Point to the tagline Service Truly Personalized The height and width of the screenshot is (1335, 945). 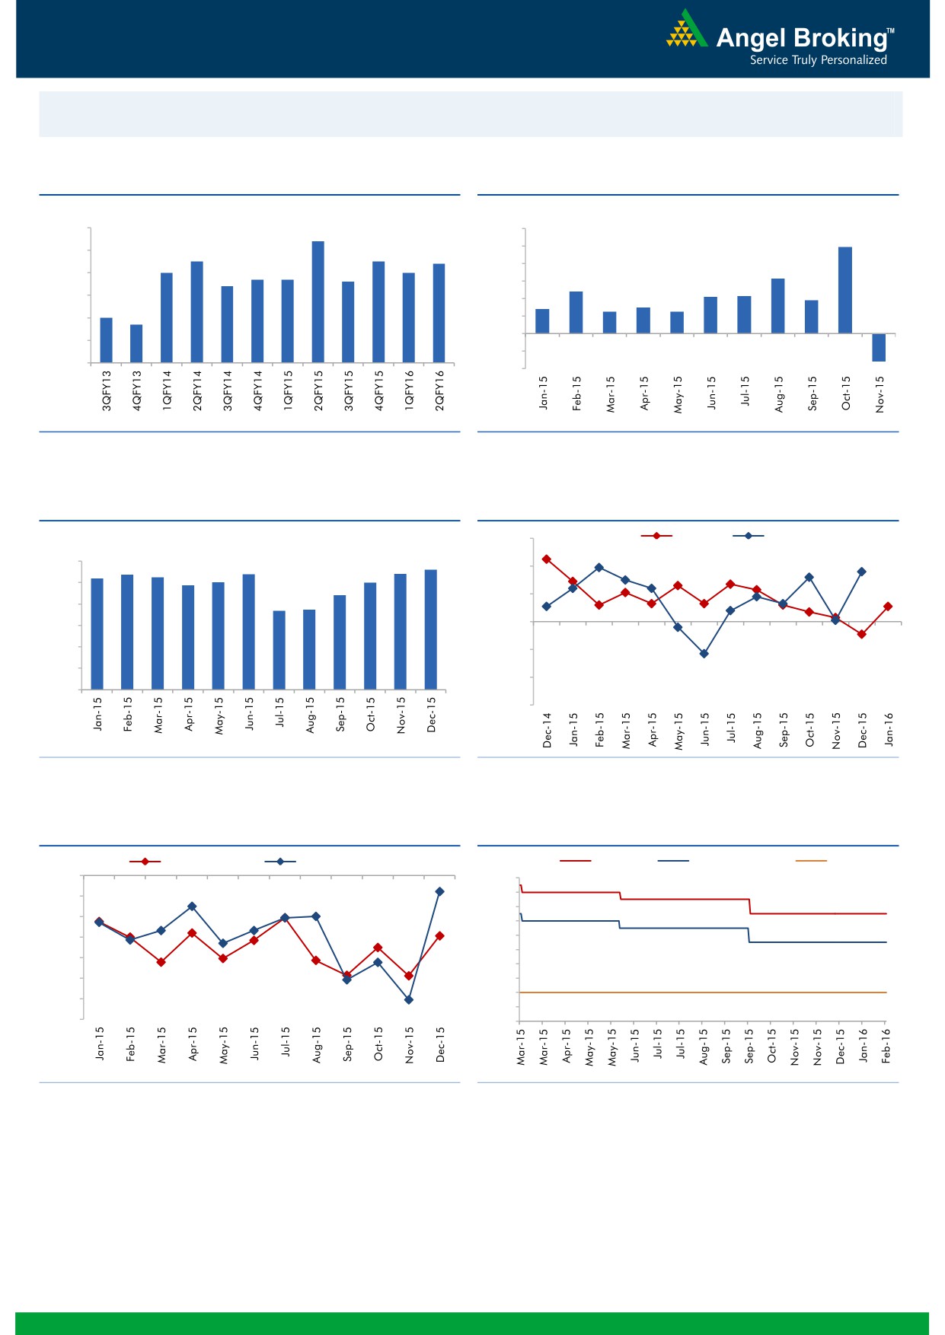[x=818, y=60]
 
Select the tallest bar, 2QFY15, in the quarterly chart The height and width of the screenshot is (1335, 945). [x=318, y=301]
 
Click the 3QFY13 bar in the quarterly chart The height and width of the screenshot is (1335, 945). [x=107, y=339]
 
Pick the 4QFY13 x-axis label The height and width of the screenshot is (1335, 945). [x=137, y=390]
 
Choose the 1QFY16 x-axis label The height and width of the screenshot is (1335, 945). [x=409, y=390]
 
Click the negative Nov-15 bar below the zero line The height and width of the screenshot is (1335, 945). [x=879, y=347]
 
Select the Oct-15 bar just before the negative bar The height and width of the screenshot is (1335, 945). [x=845, y=290]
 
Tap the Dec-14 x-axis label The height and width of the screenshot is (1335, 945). [x=547, y=730]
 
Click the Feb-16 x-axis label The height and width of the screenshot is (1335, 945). [x=886, y=1046]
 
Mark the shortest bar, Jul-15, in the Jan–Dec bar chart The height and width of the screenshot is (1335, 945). [x=279, y=650]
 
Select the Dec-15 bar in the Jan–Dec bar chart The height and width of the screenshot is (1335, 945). [x=431, y=629]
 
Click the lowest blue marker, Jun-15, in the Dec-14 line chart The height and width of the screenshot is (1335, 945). [x=704, y=653]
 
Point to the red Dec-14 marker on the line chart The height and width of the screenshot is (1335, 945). [x=547, y=559]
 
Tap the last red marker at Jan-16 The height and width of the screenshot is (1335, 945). [x=888, y=607]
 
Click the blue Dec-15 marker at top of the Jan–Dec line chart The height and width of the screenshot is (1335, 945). [x=439, y=891]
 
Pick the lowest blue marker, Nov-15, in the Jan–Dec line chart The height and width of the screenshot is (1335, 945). [x=409, y=999]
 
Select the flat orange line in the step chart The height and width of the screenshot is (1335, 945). [x=701, y=992]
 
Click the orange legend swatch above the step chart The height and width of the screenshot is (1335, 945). [x=811, y=861]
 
